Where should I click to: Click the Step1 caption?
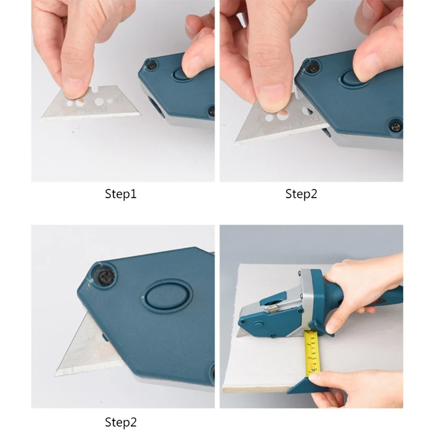tap(120, 194)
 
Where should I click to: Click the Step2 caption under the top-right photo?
tap(301, 194)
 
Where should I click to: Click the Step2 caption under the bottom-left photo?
tap(120, 422)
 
